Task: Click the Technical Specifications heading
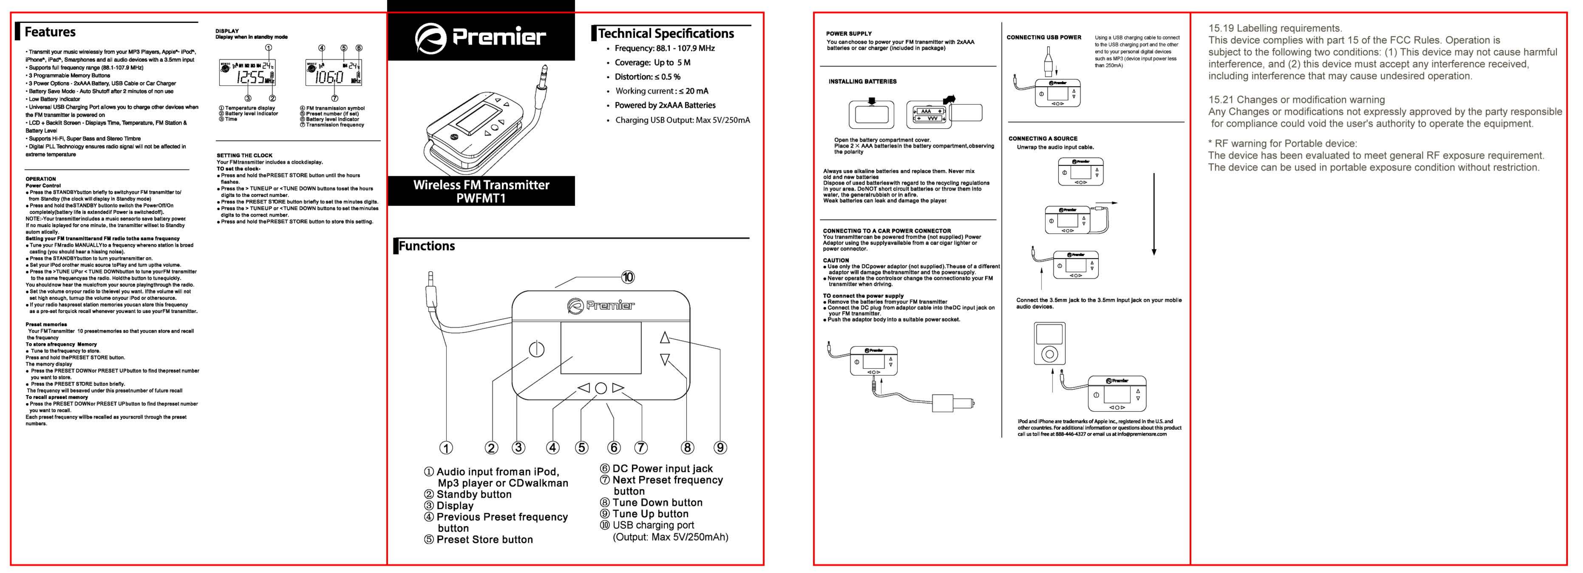point(665,34)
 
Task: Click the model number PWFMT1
point(481,198)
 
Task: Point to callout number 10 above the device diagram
point(627,277)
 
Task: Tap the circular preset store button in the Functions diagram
point(601,388)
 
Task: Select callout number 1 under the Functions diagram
point(446,448)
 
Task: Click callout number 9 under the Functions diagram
point(720,448)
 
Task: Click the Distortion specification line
point(647,77)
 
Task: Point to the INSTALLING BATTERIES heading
point(862,81)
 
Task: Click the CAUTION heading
point(836,260)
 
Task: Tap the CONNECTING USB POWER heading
point(1043,37)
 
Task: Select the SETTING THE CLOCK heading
point(244,156)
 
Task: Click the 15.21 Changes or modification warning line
point(1296,100)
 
